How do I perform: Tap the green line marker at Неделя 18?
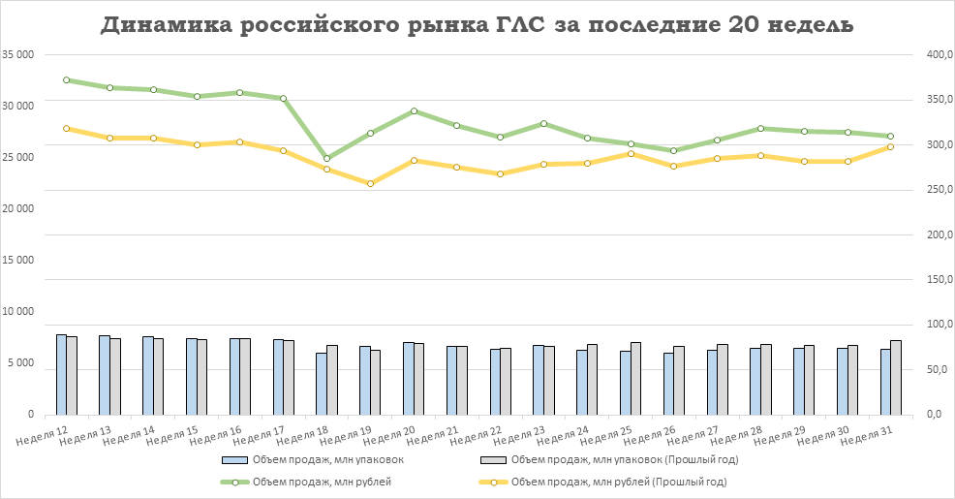point(327,158)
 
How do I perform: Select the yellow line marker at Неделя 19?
point(370,183)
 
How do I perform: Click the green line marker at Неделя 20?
point(414,111)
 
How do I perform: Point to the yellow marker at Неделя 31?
point(890,146)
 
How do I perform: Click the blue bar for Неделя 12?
point(61,374)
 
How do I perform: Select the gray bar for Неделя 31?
point(896,377)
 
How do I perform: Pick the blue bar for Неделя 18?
point(322,383)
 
